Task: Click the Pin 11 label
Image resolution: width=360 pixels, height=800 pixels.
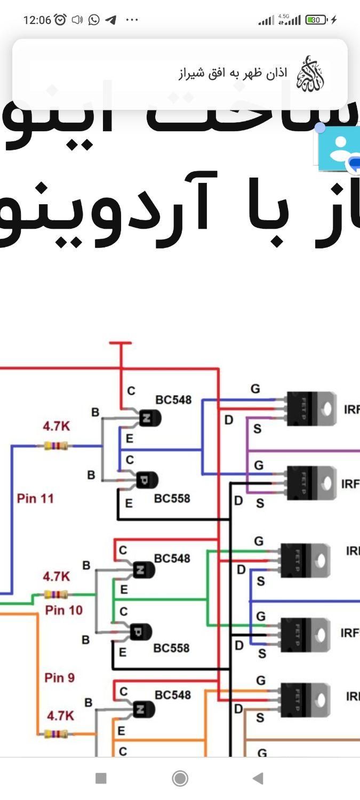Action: (x=35, y=499)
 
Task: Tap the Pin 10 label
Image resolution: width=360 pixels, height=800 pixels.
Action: (x=64, y=610)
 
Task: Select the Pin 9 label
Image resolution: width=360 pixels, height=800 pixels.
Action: (x=60, y=678)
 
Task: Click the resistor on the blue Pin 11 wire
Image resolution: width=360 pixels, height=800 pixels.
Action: (x=56, y=445)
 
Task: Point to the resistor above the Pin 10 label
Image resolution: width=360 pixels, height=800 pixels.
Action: (x=56, y=594)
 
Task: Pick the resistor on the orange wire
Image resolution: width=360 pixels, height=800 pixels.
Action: (x=56, y=734)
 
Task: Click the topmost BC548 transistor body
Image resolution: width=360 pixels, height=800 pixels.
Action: (x=149, y=418)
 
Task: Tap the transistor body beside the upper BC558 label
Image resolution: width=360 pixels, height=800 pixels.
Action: (x=146, y=480)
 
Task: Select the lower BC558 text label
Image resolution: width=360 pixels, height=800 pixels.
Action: (x=171, y=648)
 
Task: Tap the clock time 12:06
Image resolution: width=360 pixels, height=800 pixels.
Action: (x=37, y=20)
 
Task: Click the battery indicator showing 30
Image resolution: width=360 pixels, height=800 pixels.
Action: (x=316, y=20)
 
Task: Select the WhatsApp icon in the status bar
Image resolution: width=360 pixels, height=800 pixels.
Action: (x=94, y=20)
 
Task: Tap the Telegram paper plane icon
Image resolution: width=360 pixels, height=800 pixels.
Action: (x=110, y=20)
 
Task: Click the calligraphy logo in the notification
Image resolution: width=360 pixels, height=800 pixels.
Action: (x=310, y=74)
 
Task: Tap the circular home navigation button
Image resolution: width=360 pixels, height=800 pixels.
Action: (x=180, y=779)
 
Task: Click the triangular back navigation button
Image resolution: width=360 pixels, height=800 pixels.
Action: (x=258, y=779)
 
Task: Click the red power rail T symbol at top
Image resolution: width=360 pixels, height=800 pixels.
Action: (x=121, y=344)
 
